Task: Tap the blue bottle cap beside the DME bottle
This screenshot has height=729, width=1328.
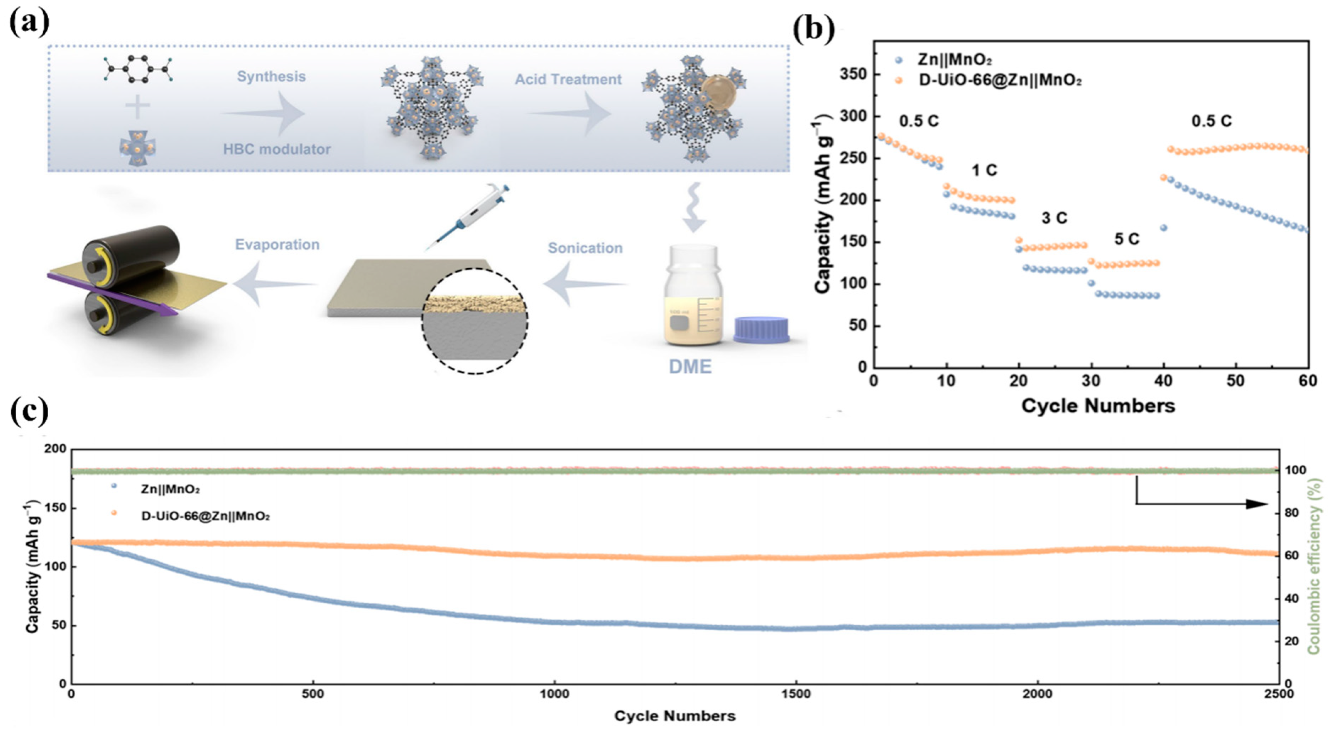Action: click(x=761, y=330)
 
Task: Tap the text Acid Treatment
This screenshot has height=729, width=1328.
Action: click(x=568, y=80)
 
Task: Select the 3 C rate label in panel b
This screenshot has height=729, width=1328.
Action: click(x=1054, y=218)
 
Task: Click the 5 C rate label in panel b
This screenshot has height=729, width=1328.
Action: click(x=1126, y=239)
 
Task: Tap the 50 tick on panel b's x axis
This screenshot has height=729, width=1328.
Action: click(x=1236, y=381)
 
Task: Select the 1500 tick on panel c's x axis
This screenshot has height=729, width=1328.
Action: click(x=795, y=694)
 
